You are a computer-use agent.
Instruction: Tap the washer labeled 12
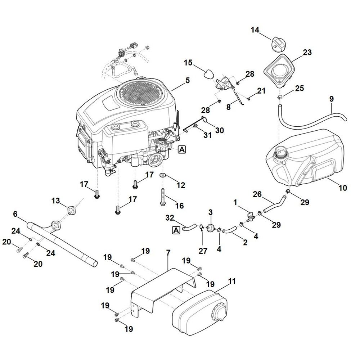[162, 175]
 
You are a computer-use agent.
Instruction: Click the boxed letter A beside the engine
[182, 149]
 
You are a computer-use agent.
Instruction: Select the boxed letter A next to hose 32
[176, 229]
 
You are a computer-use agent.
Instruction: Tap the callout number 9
[331, 98]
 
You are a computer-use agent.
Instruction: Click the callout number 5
[188, 81]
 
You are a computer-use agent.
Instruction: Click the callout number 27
[203, 251]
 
